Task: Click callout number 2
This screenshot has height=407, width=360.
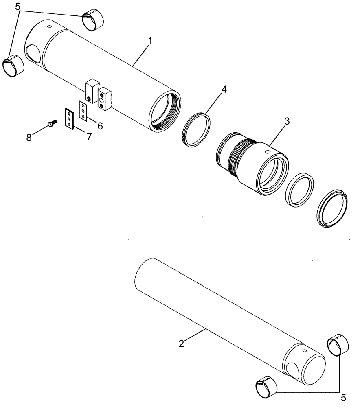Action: click(182, 344)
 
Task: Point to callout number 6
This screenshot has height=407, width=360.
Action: click(100, 126)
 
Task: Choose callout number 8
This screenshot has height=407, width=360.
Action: click(29, 138)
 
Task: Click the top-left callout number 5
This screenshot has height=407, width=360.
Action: click(17, 7)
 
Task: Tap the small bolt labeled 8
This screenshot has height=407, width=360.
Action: click(52, 123)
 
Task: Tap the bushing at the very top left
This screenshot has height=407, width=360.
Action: click(93, 21)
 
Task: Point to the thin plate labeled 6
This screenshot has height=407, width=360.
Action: click(83, 111)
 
